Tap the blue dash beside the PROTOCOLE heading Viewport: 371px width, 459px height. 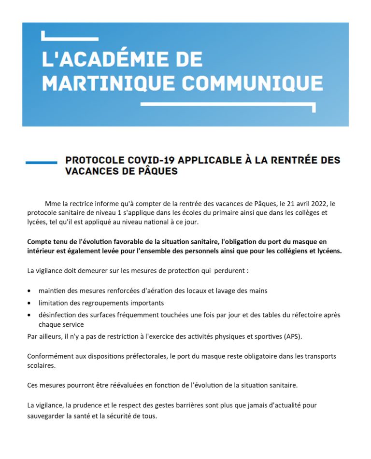(41, 163)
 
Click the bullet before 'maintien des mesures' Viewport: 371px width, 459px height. (30, 291)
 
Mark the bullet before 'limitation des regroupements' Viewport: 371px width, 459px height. (30, 303)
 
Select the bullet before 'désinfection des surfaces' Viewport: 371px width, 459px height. (30, 315)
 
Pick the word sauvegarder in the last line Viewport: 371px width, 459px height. (46, 416)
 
